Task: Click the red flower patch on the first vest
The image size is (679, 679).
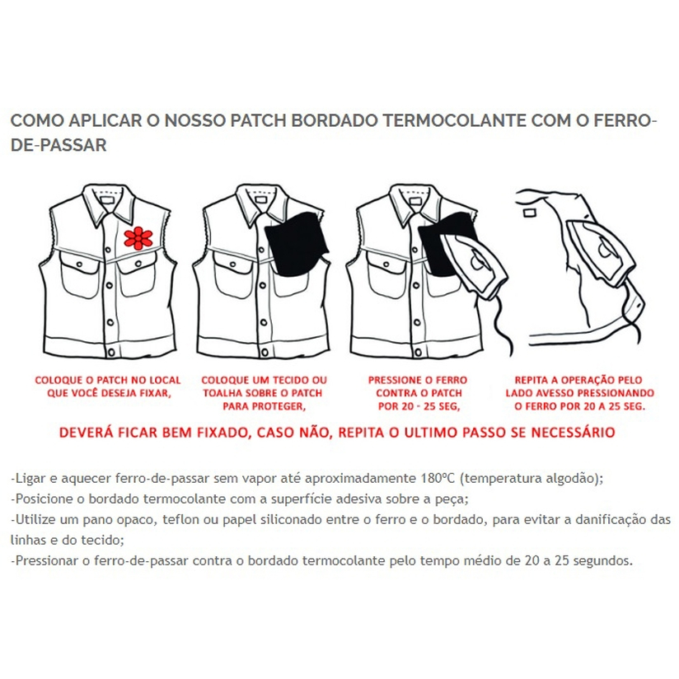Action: click(138, 237)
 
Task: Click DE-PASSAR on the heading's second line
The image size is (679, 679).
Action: click(59, 145)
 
